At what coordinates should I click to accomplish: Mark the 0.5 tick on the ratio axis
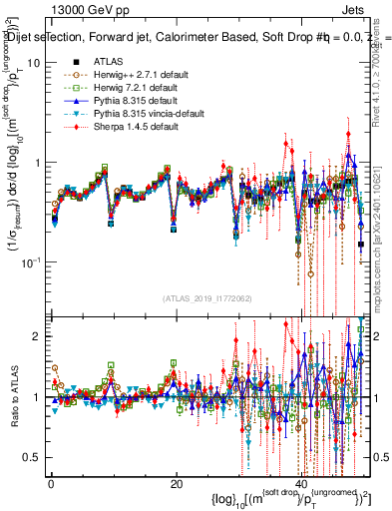coord(31,457)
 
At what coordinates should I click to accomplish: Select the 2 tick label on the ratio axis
coord(35,336)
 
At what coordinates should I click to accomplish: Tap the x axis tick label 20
coord(176,484)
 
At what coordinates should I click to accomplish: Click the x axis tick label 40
coord(302,484)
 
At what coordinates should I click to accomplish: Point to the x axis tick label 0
coord(51,484)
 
